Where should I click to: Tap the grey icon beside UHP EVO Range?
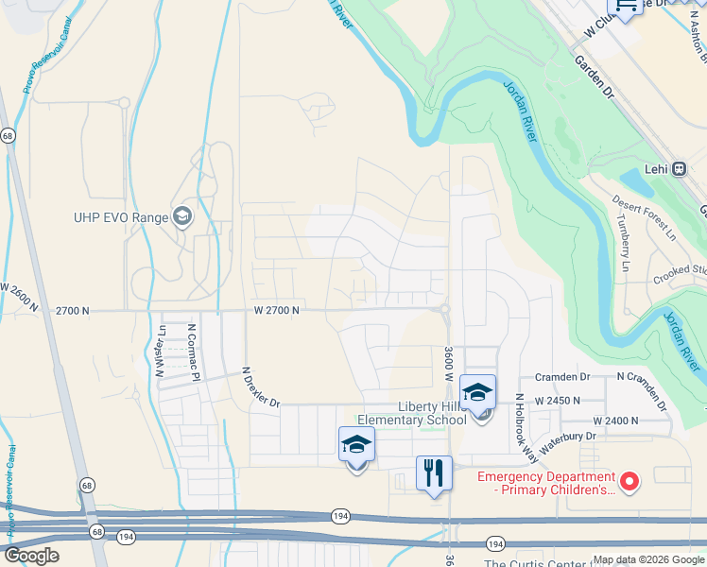pyautogui.click(x=181, y=217)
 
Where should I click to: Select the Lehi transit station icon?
pyautogui.click(x=679, y=169)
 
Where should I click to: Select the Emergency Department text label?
pyautogui.click(x=546, y=483)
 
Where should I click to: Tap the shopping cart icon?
pyautogui.click(x=626, y=6)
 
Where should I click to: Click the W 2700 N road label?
pyautogui.click(x=276, y=310)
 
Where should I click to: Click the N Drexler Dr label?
pyautogui.click(x=261, y=388)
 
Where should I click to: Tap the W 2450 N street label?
pyautogui.click(x=557, y=401)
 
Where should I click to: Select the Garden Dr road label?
pyautogui.click(x=594, y=76)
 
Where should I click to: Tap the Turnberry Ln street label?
pyautogui.click(x=623, y=243)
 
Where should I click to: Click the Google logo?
pyautogui.click(x=30, y=557)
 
